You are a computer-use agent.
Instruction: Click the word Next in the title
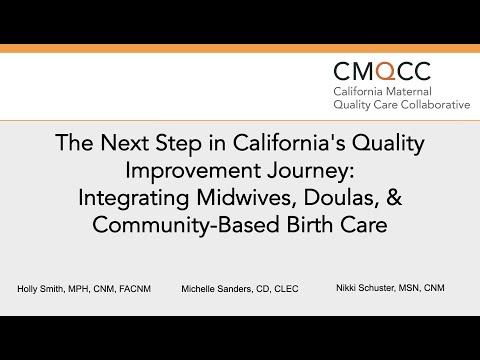[x=125, y=143]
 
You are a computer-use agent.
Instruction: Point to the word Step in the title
[x=179, y=144]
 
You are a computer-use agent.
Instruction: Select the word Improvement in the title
[x=193, y=171]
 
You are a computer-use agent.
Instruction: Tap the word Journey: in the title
[x=311, y=172]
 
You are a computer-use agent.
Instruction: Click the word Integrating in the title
[x=134, y=199]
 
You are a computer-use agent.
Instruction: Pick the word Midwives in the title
[x=246, y=197]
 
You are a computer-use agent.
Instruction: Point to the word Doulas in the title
[x=341, y=197]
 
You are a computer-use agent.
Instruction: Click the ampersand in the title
[x=394, y=197]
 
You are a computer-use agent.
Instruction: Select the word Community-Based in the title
[x=186, y=225]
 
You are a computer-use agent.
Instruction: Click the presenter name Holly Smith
[x=40, y=289]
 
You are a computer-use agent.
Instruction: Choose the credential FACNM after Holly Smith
[x=135, y=289]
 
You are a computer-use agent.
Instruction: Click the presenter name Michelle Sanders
[x=217, y=289]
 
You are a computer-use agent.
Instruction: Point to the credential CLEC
[x=286, y=289]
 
